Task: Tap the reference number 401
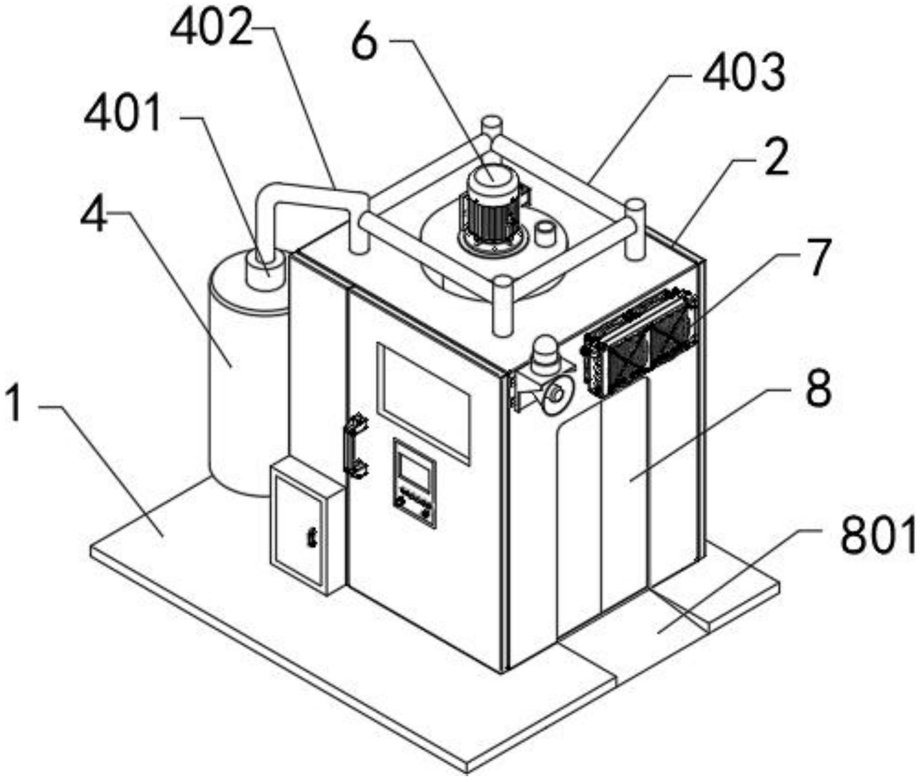pyautogui.click(x=123, y=114)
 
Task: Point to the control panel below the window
pyautogui.click(x=415, y=482)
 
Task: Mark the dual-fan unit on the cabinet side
pyautogui.click(x=638, y=341)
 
